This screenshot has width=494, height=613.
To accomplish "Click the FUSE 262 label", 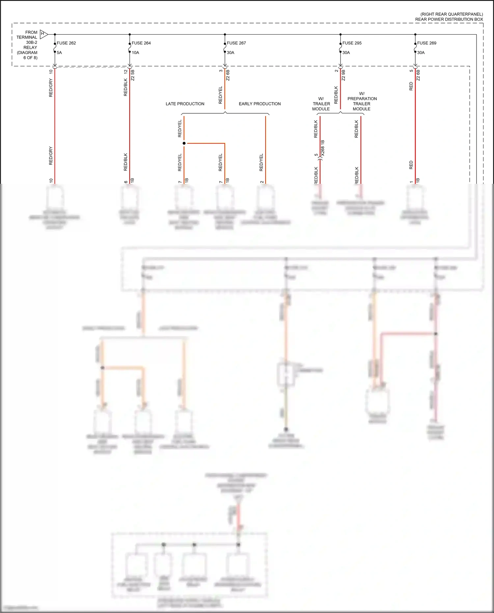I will tap(66, 43).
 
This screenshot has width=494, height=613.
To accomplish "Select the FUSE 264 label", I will tap(141, 43).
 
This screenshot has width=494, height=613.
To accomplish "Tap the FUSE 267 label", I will tap(236, 43).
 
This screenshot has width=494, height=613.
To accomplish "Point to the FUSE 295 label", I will tap(352, 43).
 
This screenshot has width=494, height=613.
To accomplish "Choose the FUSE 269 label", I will tap(426, 43).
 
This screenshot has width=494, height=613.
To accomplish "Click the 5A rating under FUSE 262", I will tap(59, 53).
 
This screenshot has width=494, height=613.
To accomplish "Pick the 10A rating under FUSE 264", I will tap(135, 53).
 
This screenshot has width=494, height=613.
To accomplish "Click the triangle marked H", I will tap(43, 34).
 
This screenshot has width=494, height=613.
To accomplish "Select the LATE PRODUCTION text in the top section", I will tap(185, 104).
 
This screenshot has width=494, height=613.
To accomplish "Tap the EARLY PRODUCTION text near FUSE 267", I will tap(260, 104).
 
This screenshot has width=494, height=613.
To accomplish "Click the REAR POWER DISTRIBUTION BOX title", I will tap(449, 19).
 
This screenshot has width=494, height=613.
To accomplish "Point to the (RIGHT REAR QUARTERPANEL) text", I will tap(452, 14).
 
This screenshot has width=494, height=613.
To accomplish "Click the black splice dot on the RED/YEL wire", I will tap(184, 143).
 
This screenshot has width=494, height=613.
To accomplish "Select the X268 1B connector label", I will tap(323, 148).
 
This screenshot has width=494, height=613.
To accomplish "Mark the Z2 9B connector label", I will tap(343, 75).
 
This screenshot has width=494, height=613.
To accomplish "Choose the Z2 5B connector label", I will tap(133, 75).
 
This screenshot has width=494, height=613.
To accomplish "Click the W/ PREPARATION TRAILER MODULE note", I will tap(362, 101).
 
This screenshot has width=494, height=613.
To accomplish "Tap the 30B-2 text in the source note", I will tap(32, 42).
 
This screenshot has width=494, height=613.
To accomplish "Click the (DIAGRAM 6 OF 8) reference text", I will tap(27, 55).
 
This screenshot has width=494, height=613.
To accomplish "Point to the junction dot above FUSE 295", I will tap(341, 34).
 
